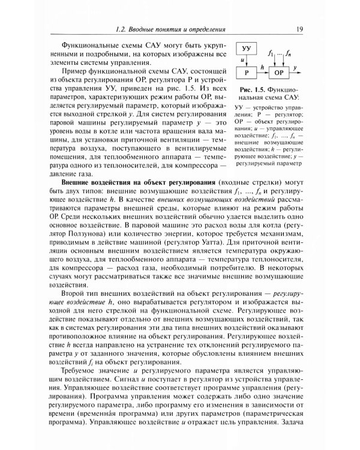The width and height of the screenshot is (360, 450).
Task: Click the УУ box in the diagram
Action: point(247,48)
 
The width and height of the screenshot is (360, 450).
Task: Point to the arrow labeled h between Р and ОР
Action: point(262,73)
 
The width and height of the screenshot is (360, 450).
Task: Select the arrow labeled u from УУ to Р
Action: point(247,60)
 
